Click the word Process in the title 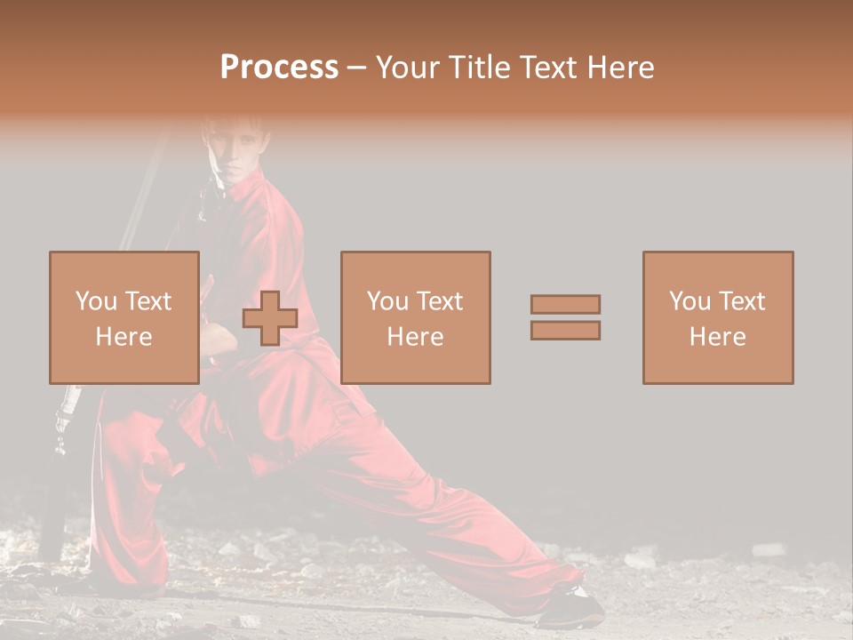point(279,68)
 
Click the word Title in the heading point(482,68)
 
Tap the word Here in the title point(620,68)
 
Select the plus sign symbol point(270,318)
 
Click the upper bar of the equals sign point(565,304)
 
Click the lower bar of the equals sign point(565,331)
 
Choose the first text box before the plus point(124,317)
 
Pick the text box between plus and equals point(415,317)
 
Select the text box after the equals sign point(717,317)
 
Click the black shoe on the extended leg point(569,610)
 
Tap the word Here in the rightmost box point(717,337)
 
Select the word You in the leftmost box point(95,301)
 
